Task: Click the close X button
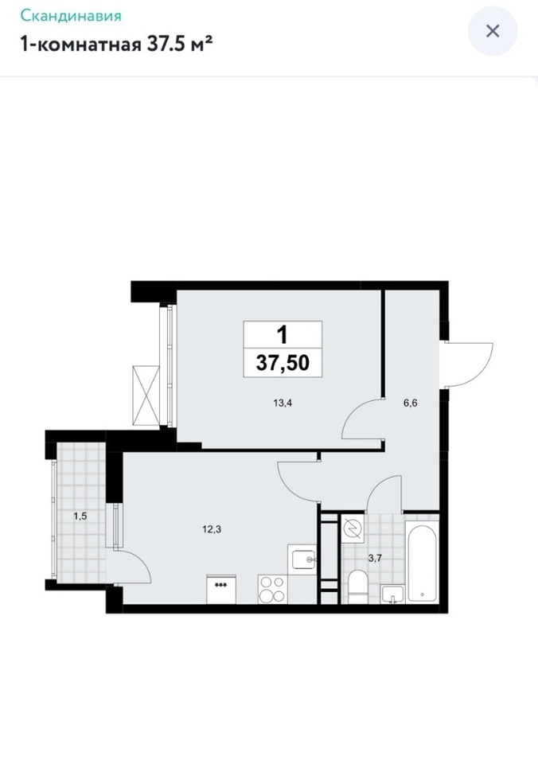[493, 31]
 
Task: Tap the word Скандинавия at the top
[71, 14]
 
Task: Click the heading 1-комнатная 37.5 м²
[116, 44]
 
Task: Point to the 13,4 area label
[283, 403]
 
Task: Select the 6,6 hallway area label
[411, 403]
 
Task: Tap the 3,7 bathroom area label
[375, 558]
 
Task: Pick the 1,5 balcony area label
[80, 516]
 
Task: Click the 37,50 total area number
[283, 364]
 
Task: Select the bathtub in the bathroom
[422, 561]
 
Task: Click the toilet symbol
[357, 590]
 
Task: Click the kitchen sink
[303, 560]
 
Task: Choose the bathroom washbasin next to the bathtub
[391, 594]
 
